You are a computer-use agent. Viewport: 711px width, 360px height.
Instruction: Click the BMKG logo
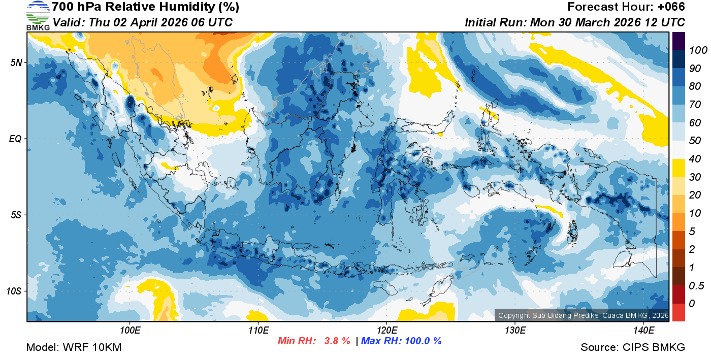38,16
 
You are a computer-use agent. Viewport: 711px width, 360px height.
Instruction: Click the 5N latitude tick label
15,63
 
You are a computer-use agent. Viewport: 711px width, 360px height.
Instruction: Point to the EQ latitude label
15,139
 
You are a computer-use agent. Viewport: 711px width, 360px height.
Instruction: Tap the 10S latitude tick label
14,291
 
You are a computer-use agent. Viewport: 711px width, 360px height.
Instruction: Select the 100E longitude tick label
130,331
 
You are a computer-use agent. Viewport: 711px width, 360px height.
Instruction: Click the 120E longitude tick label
386,331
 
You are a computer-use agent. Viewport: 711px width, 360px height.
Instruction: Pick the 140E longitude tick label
643,331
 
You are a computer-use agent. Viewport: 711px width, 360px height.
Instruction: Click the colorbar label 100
695,50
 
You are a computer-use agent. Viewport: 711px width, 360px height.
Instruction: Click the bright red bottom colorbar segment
678,312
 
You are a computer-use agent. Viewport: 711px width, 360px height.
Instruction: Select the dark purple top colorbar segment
678,41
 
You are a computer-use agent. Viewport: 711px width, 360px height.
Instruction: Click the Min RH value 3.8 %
337,341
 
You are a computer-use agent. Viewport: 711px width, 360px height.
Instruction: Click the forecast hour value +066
672,7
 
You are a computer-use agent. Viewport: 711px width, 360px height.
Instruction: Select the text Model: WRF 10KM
74,347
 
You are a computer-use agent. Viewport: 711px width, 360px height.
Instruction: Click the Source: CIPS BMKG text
633,347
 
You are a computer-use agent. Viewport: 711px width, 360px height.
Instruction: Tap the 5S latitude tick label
15,215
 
